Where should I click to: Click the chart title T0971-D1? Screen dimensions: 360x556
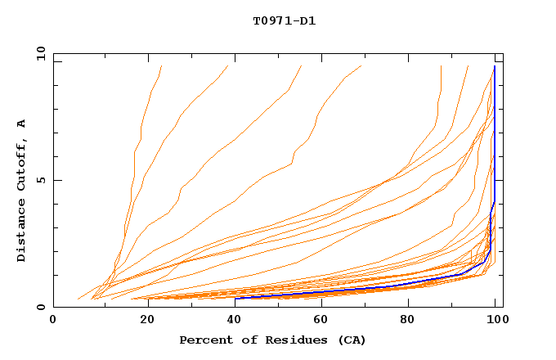(285, 20)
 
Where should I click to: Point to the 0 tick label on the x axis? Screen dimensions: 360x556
(53, 320)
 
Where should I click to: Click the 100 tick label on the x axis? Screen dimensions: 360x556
(496, 320)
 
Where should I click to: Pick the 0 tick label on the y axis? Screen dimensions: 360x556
(41, 307)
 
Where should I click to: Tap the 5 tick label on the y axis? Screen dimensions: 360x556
(41, 180)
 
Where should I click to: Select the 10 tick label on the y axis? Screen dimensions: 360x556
(38, 53)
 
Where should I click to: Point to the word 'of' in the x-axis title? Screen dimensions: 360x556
(243, 340)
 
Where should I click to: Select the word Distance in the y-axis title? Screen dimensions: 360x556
(22, 232)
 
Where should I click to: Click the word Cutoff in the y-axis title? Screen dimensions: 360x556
(22, 163)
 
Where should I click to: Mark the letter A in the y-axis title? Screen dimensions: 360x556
(22, 123)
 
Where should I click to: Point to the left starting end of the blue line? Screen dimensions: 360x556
(235, 298)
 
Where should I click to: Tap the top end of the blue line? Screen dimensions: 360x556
(495, 66)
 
